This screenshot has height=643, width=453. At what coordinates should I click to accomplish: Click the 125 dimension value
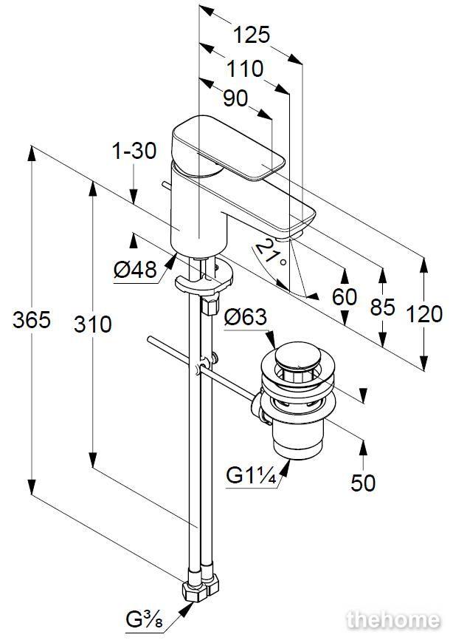point(252,35)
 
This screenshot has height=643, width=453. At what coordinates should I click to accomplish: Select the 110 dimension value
point(244,69)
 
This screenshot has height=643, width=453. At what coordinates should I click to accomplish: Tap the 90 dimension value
point(235,99)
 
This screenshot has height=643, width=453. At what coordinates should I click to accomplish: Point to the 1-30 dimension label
point(134,152)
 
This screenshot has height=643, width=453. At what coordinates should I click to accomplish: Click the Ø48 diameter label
point(135,271)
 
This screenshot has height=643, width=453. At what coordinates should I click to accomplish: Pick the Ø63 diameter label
point(245,318)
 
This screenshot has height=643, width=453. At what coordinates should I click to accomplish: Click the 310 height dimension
point(93,323)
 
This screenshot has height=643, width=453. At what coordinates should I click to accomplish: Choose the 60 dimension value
point(344,297)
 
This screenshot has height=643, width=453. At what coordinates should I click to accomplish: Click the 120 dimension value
point(424,313)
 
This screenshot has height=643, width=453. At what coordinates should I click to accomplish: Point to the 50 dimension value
point(363,483)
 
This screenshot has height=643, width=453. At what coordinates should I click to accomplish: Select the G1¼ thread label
point(251,477)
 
